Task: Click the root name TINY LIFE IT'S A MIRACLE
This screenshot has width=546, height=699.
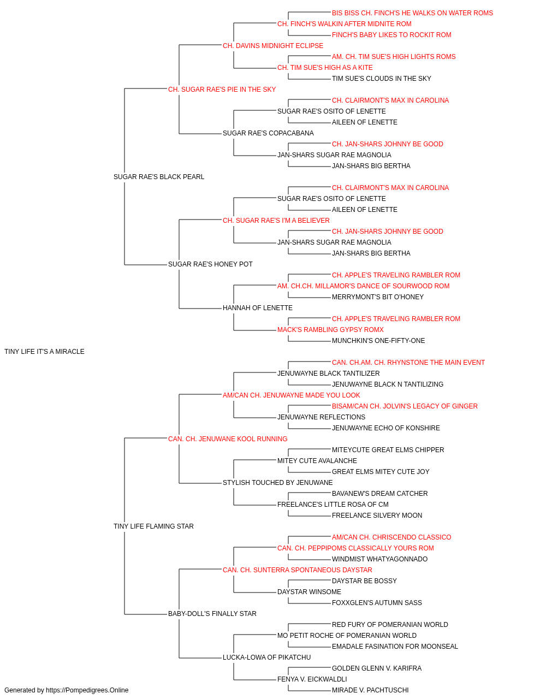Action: click(44, 352)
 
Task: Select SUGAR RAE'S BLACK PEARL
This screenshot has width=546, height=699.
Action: click(159, 177)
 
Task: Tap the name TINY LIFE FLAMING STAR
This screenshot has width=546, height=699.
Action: click(153, 526)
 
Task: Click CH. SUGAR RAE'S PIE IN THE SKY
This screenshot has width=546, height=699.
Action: click(222, 90)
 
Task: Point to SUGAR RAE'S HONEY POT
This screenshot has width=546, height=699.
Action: click(210, 264)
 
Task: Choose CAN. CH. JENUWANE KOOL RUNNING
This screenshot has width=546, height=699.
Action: click(228, 439)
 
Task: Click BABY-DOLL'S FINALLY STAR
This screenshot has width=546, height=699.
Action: click(212, 613)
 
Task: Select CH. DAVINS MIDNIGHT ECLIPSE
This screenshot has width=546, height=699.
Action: click(273, 46)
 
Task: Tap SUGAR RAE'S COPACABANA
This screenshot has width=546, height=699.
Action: click(268, 133)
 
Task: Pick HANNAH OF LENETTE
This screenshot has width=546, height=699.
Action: click(258, 308)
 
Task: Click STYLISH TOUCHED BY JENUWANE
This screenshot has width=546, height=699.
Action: click(278, 483)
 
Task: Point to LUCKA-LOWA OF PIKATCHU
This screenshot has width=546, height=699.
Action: click(266, 657)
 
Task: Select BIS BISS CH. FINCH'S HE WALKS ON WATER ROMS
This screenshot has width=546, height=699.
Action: click(412, 13)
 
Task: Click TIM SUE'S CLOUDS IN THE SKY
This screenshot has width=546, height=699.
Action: click(381, 79)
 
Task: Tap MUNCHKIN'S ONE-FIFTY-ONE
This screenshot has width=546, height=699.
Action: click(378, 341)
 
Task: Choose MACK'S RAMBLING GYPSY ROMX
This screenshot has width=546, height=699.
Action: click(330, 330)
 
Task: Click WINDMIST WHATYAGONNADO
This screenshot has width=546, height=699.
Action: click(379, 559)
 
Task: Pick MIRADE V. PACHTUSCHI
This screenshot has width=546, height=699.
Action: click(370, 690)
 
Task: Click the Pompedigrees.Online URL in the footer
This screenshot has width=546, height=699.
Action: click(87, 690)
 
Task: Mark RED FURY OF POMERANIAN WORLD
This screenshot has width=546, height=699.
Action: click(390, 624)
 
